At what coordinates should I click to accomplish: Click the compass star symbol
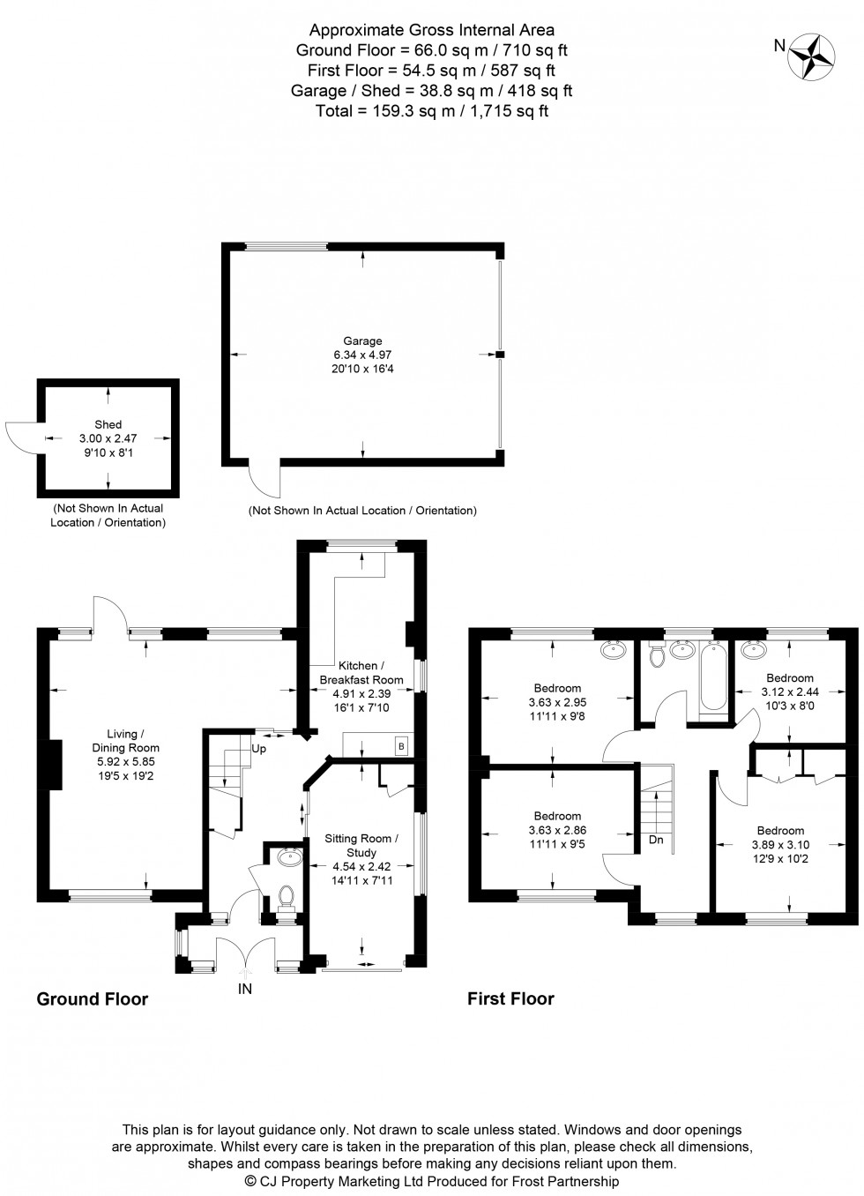click(811, 56)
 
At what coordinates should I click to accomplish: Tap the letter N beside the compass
click(779, 46)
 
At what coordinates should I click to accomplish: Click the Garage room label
click(362, 340)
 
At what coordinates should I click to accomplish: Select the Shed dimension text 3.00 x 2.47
click(108, 438)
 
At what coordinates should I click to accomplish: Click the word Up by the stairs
click(259, 749)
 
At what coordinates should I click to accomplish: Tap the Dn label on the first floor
click(656, 840)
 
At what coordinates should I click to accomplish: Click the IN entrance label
click(245, 989)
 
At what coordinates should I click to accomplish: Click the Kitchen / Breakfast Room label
click(361, 673)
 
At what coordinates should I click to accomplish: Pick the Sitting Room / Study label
click(361, 845)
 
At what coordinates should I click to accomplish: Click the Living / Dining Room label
click(126, 741)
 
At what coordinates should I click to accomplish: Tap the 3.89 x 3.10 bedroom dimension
click(781, 845)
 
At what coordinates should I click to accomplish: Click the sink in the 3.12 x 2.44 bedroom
click(754, 649)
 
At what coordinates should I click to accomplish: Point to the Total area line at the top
click(432, 111)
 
